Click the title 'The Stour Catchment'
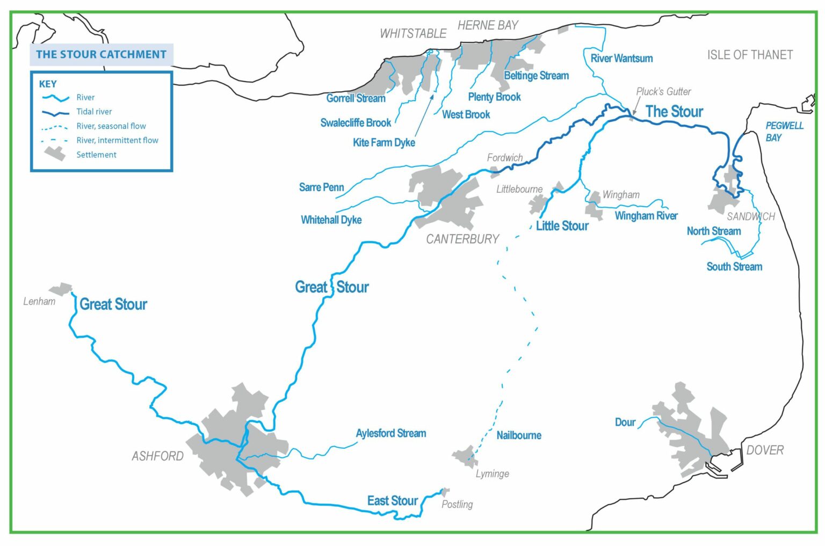click(x=101, y=54)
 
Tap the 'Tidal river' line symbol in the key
click(x=56, y=112)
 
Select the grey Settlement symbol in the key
click(x=55, y=154)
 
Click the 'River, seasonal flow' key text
click(x=111, y=126)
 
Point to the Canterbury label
click(x=462, y=239)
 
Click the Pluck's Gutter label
click(x=663, y=92)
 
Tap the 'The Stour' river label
click(x=674, y=112)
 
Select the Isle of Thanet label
click(x=750, y=55)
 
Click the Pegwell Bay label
click(x=784, y=132)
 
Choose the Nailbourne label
click(x=518, y=435)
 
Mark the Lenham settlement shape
click(x=61, y=289)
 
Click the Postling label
click(x=457, y=504)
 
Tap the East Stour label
click(x=392, y=501)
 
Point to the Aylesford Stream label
click(x=391, y=433)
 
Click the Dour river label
click(x=625, y=423)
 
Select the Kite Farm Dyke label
click(x=383, y=143)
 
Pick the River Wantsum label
click(x=621, y=59)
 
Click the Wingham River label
click(x=646, y=216)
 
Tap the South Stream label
click(x=734, y=267)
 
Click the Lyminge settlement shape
click(x=465, y=456)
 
